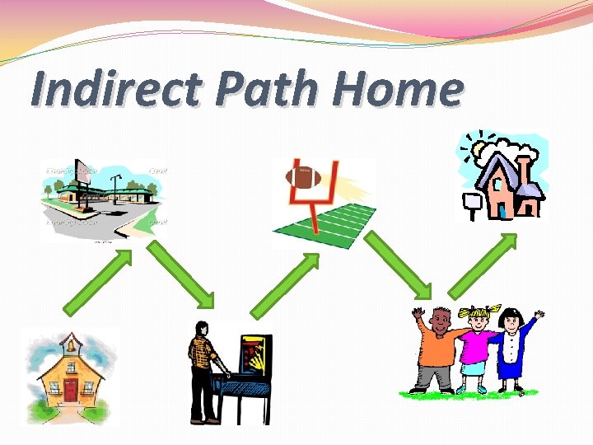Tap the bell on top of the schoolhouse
click(71, 341)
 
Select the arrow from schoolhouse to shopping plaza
click(97, 282)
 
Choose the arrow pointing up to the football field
click(285, 283)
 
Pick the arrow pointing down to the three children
click(398, 265)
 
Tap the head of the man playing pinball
click(201, 329)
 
